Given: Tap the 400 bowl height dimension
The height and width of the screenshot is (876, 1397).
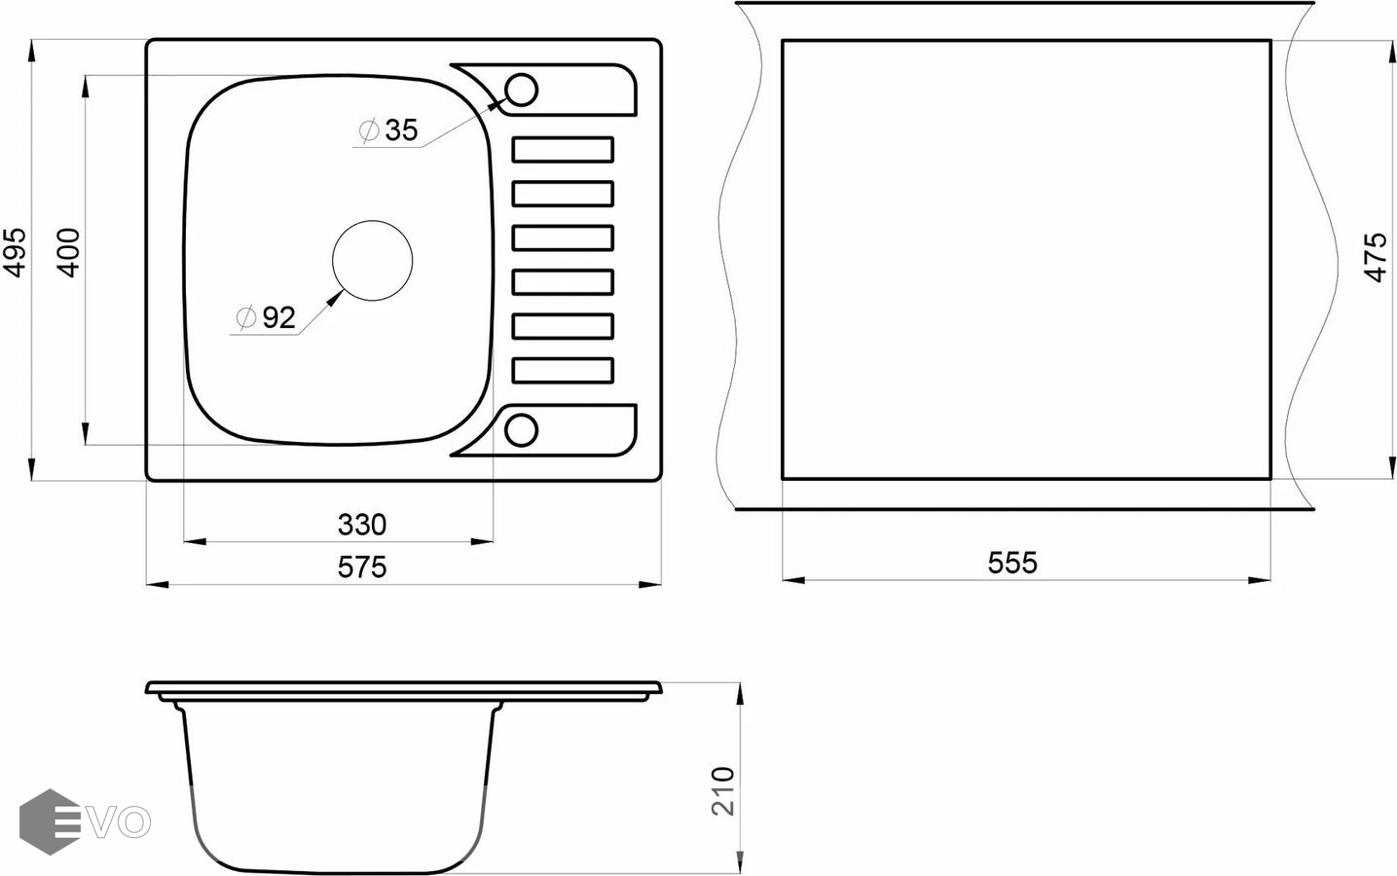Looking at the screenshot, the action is pyautogui.click(x=68, y=252).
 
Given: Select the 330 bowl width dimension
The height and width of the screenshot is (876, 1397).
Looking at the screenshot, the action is pyautogui.click(x=362, y=525).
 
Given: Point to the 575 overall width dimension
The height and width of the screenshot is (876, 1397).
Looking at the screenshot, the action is pyautogui.click(x=362, y=567).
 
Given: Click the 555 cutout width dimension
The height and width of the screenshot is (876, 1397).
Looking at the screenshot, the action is pyautogui.click(x=1012, y=563).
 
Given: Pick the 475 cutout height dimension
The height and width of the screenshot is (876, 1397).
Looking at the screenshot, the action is pyautogui.click(x=1376, y=257).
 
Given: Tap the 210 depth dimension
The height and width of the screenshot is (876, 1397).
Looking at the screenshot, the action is pyautogui.click(x=723, y=791).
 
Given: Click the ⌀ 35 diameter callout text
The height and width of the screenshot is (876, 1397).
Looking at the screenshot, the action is pyautogui.click(x=388, y=130).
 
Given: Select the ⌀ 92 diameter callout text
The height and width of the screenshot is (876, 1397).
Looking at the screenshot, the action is pyautogui.click(x=266, y=317).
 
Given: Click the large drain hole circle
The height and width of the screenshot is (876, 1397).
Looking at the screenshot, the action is pyautogui.click(x=372, y=221).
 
